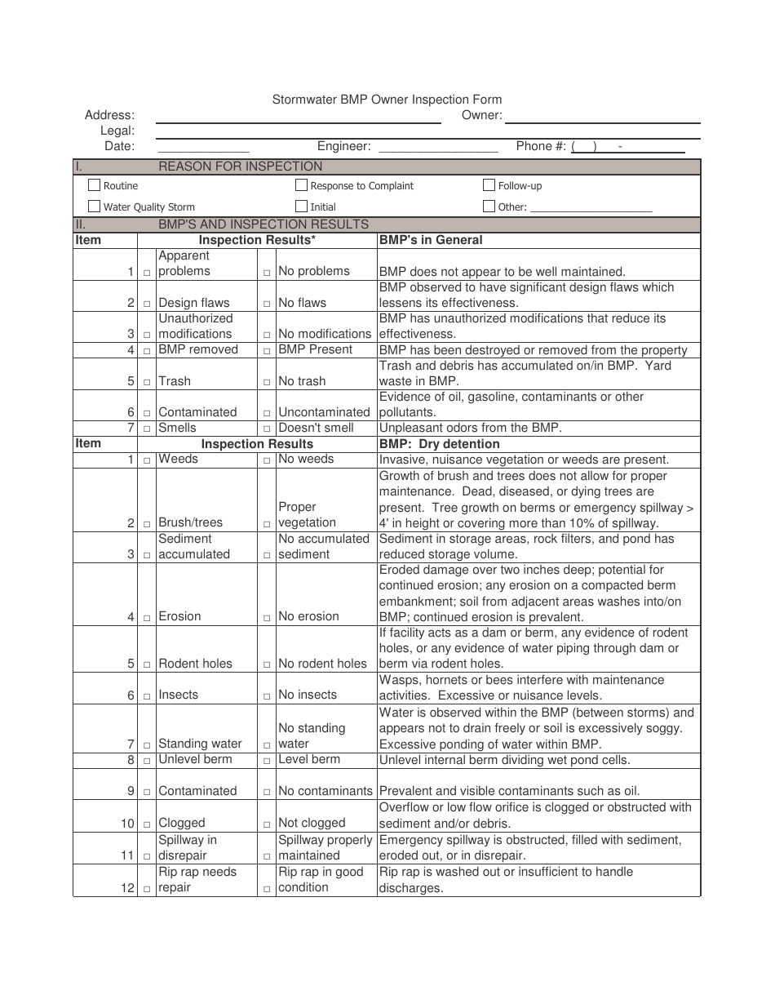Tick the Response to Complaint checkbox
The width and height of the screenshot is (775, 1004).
click(302, 185)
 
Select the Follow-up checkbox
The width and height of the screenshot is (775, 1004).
click(489, 185)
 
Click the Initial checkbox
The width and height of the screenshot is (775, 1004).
click(302, 207)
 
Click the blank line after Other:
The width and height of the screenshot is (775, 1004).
click(591, 207)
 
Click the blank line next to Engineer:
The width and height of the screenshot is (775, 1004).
click(438, 147)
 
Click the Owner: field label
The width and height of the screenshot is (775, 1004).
click(481, 115)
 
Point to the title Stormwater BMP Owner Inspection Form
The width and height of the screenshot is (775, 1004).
click(387, 100)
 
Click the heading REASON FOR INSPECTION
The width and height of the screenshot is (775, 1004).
click(240, 167)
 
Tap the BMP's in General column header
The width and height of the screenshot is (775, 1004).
click(431, 240)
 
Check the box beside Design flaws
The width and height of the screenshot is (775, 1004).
click(148, 304)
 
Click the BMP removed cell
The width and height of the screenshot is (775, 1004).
click(198, 349)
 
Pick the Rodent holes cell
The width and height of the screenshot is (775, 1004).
click(195, 664)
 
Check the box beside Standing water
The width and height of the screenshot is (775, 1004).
click(148, 744)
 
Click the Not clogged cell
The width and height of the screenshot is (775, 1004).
click(312, 823)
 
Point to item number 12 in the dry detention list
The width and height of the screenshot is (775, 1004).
click(127, 887)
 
